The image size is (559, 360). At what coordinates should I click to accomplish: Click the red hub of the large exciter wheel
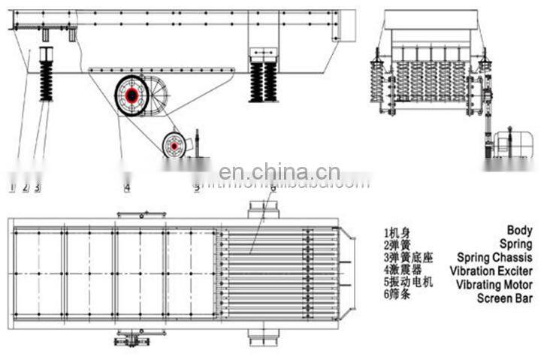(132, 95)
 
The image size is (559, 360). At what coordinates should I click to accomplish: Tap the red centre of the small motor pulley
(174, 144)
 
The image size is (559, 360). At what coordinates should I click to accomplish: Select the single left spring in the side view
(46, 80)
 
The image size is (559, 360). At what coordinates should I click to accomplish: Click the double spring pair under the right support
(264, 81)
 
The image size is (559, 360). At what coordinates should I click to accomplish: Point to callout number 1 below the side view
(12, 187)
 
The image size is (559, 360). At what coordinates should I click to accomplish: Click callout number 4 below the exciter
(126, 187)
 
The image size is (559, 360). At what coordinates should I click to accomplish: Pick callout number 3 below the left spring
(37, 187)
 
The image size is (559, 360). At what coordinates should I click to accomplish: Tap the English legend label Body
(519, 231)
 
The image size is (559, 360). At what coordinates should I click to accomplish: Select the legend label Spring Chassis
(493, 258)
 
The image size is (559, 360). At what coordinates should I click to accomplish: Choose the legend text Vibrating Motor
(494, 285)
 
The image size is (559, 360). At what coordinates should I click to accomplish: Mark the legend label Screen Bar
(505, 298)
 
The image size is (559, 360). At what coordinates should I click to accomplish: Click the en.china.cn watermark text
(285, 174)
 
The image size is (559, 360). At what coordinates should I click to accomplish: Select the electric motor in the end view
(513, 144)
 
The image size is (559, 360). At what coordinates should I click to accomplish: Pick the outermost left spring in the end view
(377, 83)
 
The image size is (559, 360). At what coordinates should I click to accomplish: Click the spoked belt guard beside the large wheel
(160, 95)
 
